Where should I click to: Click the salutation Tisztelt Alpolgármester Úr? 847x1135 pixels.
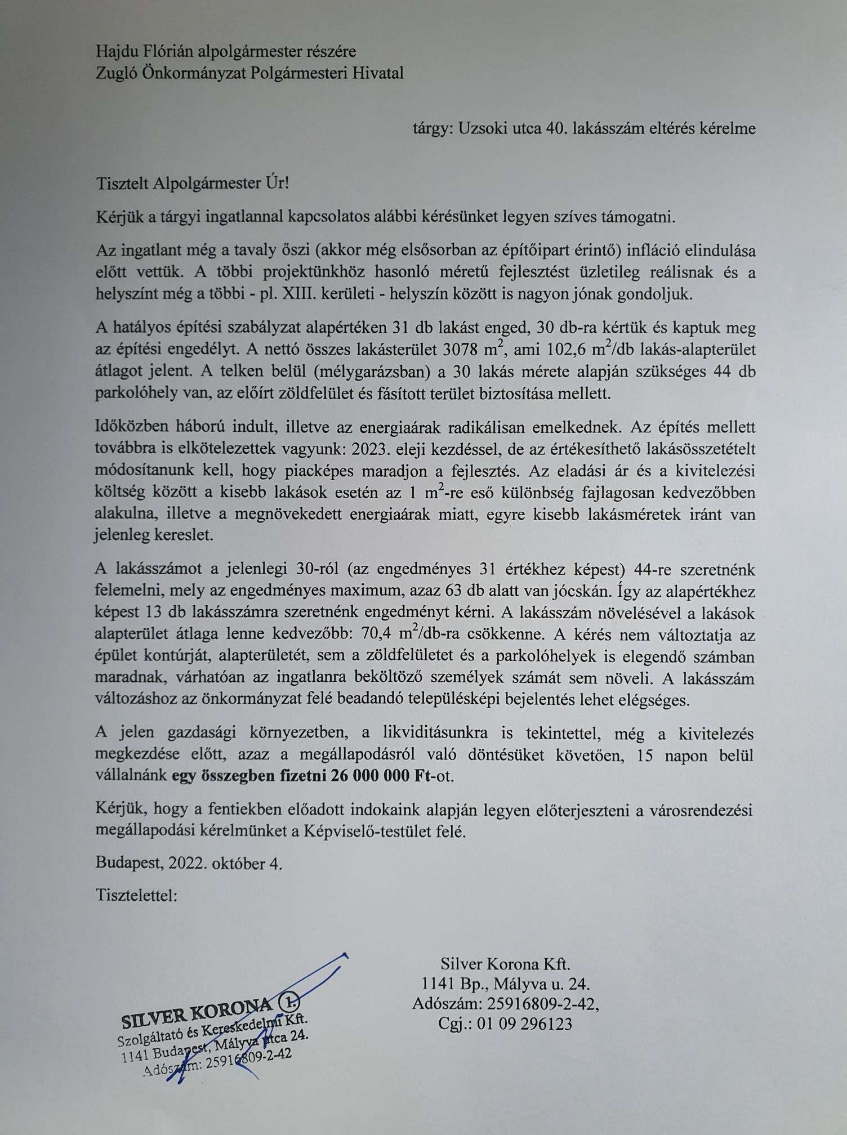(x=192, y=184)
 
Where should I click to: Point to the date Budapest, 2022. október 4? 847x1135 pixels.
(x=189, y=863)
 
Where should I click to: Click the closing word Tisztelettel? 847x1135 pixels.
(x=137, y=895)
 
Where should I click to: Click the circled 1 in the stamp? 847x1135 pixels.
(x=289, y=1002)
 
